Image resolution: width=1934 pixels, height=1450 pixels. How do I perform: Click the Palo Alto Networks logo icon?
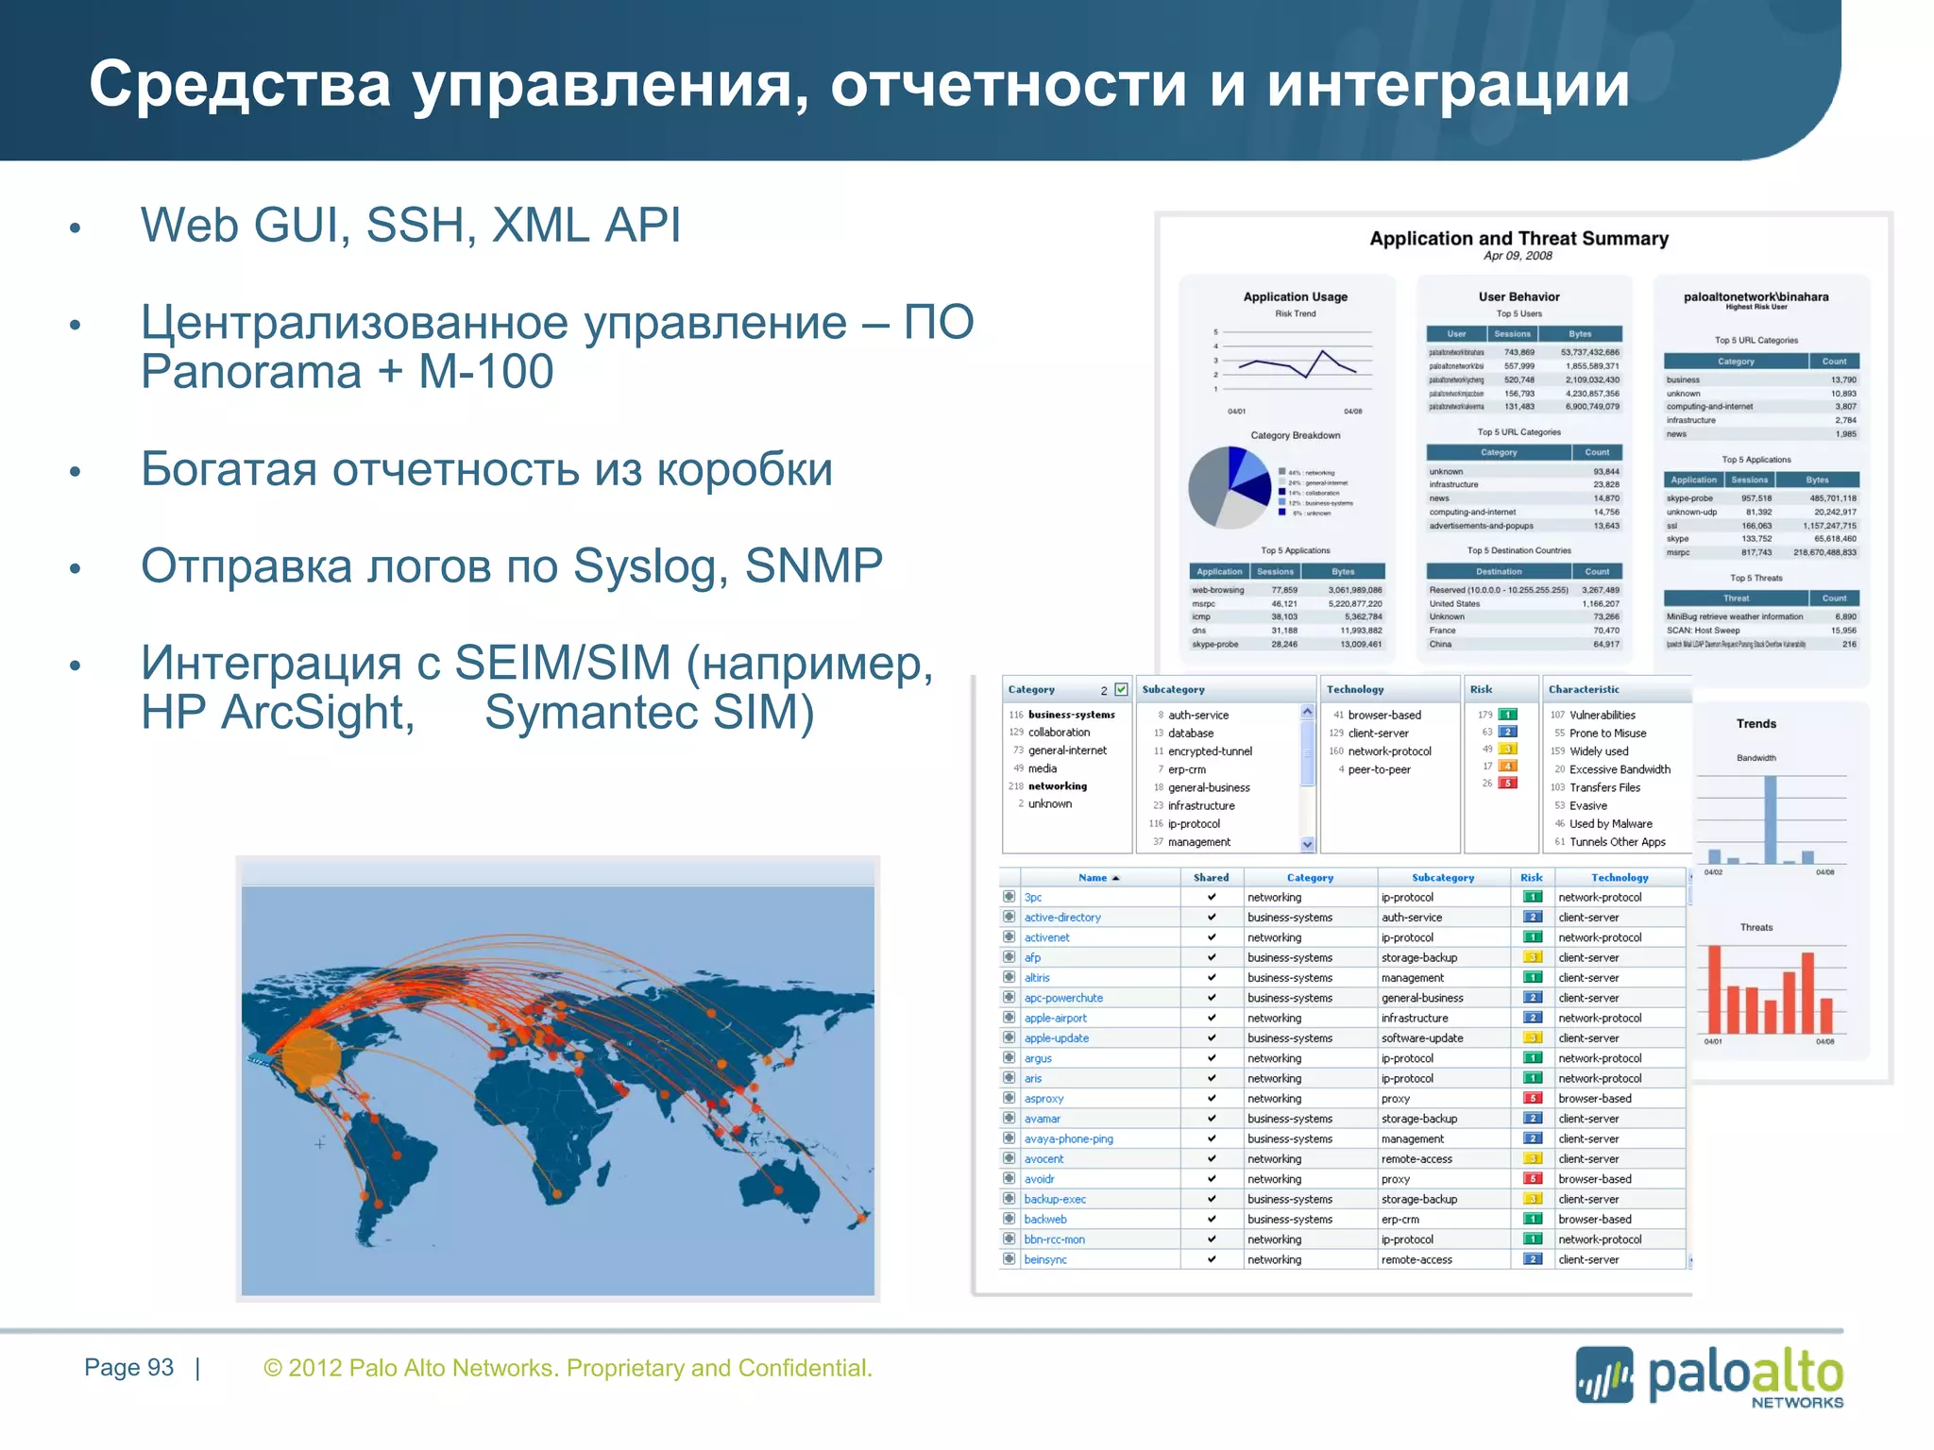click(x=1603, y=1374)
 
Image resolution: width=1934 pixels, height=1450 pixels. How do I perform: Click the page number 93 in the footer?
click(x=161, y=1368)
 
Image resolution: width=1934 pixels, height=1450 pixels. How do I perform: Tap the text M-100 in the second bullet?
click(x=485, y=371)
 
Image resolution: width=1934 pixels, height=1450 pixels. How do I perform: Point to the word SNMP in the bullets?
click(x=813, y=566)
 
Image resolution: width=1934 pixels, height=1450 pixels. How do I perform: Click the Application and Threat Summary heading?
click(x=1518, y=239)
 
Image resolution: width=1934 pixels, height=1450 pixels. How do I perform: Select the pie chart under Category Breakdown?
click(x=1230, y=487)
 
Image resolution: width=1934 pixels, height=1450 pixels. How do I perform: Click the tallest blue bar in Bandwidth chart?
click(x=1771, y=819)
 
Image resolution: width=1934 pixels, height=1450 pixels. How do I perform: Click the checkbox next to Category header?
click(x=1121, y=689)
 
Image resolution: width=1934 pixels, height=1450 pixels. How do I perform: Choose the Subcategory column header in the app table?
click(x=1442, y=878)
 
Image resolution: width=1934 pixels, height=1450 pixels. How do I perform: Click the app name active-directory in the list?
click(x=1062, y=918)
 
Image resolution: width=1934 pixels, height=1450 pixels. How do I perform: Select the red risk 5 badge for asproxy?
click(x=1534, y=1098)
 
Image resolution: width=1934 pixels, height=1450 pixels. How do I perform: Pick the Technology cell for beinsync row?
click(x=1588, y=1259)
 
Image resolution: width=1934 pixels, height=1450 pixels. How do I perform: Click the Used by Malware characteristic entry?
click(x=1610, y=824)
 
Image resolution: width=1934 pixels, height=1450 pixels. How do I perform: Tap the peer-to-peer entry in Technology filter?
click(x=1379, y=769)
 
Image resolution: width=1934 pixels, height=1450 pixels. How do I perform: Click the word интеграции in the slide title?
click(x=1448, y=85)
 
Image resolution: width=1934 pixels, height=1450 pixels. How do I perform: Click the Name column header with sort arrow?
click(x=1098, y=878)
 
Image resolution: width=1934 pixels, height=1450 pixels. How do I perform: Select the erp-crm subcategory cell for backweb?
click(x=1400, y=1220)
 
